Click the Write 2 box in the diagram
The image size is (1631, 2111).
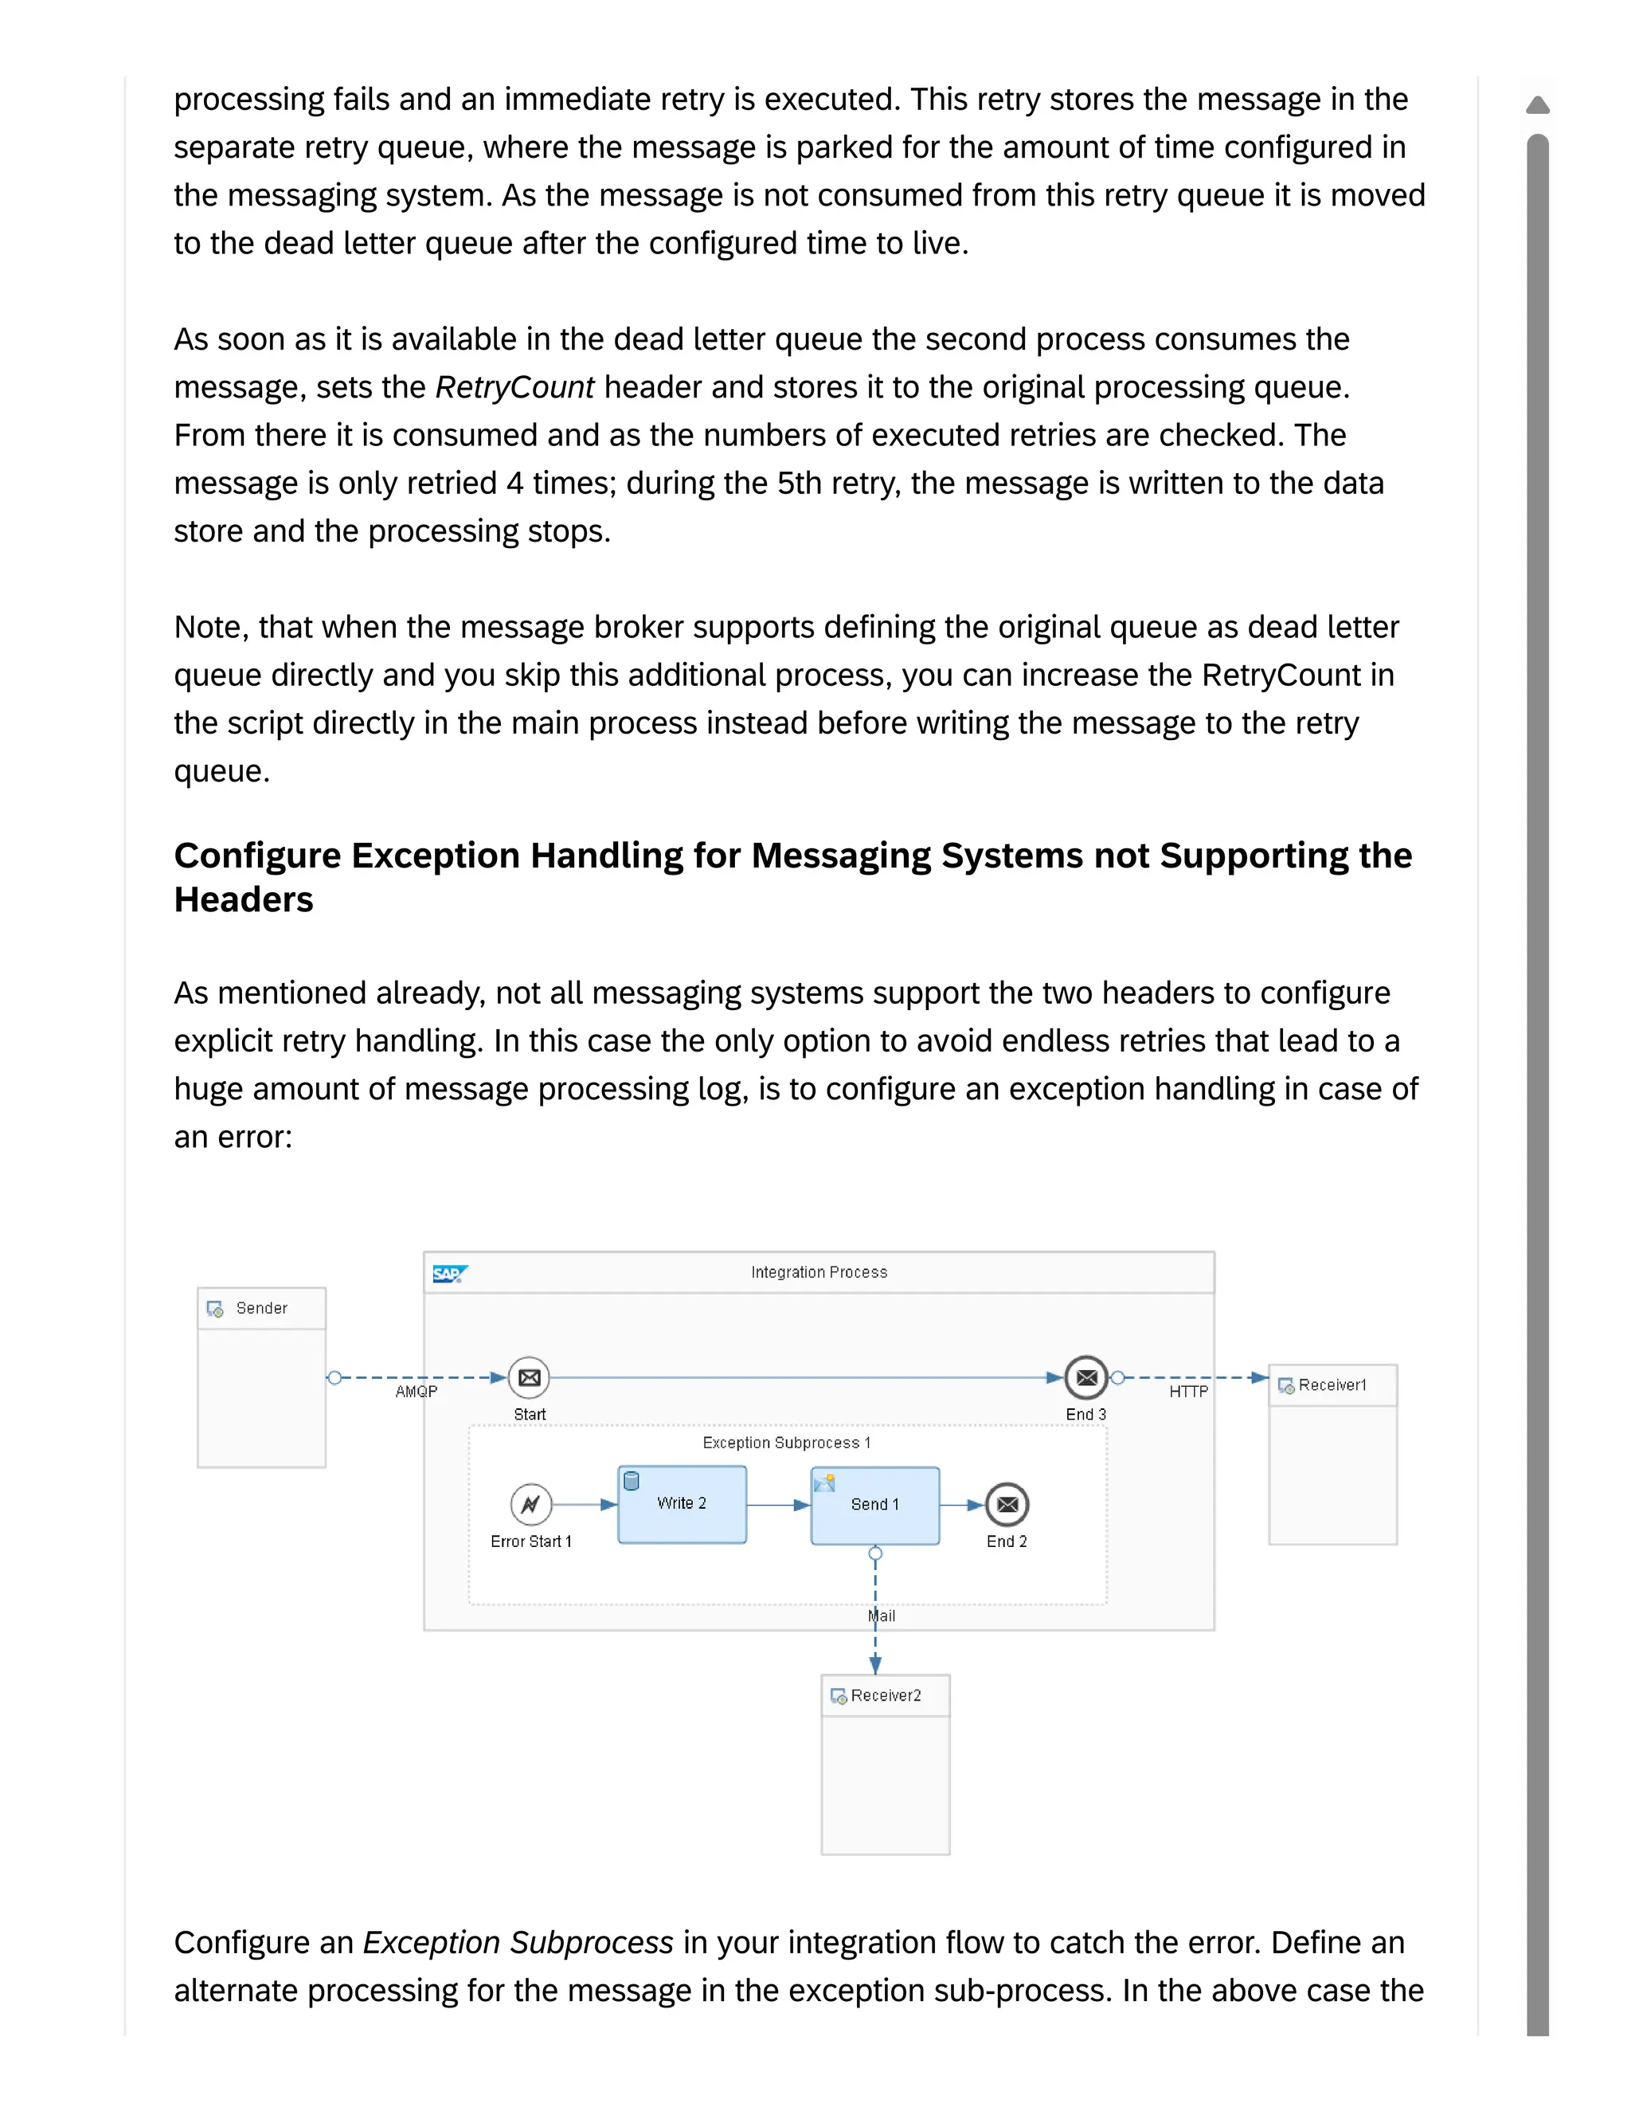click(x=681, y=1504)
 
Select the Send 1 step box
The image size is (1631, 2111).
click(x=874, y=1505)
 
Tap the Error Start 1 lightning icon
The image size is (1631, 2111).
click(x=530, y=1504)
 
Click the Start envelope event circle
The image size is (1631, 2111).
click(x=529, y=1377)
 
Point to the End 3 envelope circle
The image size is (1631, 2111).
click(x=1086, y=1377)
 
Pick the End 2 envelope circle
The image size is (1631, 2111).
click(x=1007, y=1504)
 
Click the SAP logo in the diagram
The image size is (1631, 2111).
click(x=449, y=1274)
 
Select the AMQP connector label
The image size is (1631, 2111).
click(x=417, y=1392)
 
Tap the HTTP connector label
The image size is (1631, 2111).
click(x=1188, y=1392)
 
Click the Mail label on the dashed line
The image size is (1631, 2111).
click(x=882, y=1616)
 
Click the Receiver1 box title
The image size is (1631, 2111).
click(x=1332, y=1385)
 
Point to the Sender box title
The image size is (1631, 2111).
click(x=262, y=1308)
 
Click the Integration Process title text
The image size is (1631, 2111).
click(x=819, y=1272)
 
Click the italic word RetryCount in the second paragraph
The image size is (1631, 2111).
click(x=514, y=388)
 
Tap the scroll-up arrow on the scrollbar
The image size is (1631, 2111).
click(x=1537, y=104)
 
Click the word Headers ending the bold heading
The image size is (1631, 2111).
click(x=244, y=900)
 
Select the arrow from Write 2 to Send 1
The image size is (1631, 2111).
click(x=778, y=1505)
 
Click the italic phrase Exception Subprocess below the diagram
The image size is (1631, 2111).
click(x=518, y=1942)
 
